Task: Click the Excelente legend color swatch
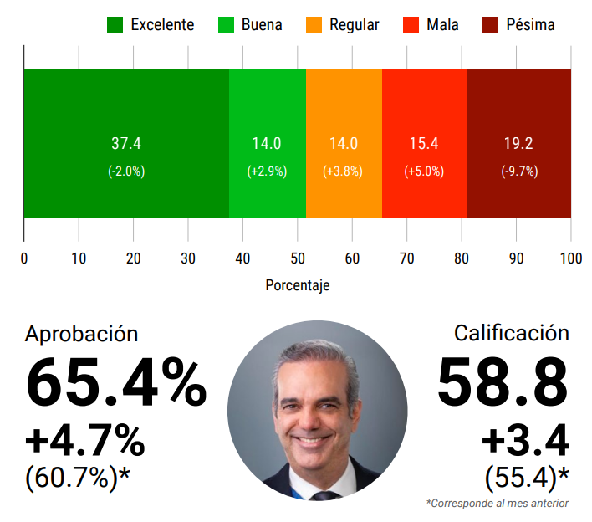pyautogui.click(x=115, y=25)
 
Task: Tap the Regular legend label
pyautogui.click(x=354, y=25)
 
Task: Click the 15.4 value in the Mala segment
pyautogui.click(x=424, y=144)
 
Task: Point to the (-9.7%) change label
pyautogui.click(x=519, y=171)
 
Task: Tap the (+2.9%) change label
pyautogui.click(x=267, y=171)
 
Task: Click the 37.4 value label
pyautogui.click(x=126, y=144)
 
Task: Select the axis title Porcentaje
pyautogui.click(x=298, y=286)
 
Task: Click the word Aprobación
pyautogui.click(x=82, y=334)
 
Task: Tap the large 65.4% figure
pyautogui.click(x=116, y=384)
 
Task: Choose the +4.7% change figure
pyautogui.click(x=85, y=440)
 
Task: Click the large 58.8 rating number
pyautogui.click(x=503, y=382)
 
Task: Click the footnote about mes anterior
pyautogui.click(x=498, y=504)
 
